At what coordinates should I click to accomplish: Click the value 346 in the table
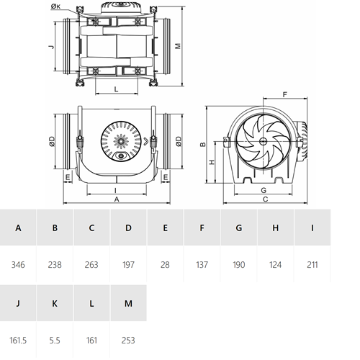pyautogui.click(x=18, y=265)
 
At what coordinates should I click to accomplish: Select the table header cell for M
pyautogui.click(x=128, y=303)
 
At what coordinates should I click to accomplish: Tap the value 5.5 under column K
pyautogui.click(x=55, y=341)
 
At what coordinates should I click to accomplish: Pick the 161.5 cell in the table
pyautogui.click(x=18, y=341)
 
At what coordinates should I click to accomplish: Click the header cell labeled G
pyautogui.click(x=239, y=228)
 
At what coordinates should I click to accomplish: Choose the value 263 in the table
pyautogui.click(x=91, y=265)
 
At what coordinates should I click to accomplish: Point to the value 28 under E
pyautogui.click(x=165, y=265)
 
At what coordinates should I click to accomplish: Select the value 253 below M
pyautogui.click(x=128, y=341)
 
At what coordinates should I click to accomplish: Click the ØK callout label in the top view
pyautogui.click(x=55, y=6)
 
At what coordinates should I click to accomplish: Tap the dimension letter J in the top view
pyautogui.click(x=51, y=46)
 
